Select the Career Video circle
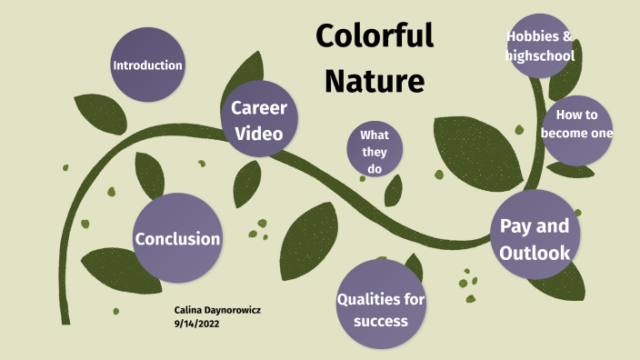click(260, 120)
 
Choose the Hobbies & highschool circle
click(539, 45)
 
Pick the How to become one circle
click(577, 128)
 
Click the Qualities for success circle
click(381, 308)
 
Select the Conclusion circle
click(177, 238)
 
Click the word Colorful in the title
click(374, 36)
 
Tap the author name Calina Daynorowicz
click(217, 310)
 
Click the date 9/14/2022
click(196, 323)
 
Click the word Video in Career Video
click(259, 134)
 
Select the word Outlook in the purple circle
click(535, 253)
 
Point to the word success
click(382, 321)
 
